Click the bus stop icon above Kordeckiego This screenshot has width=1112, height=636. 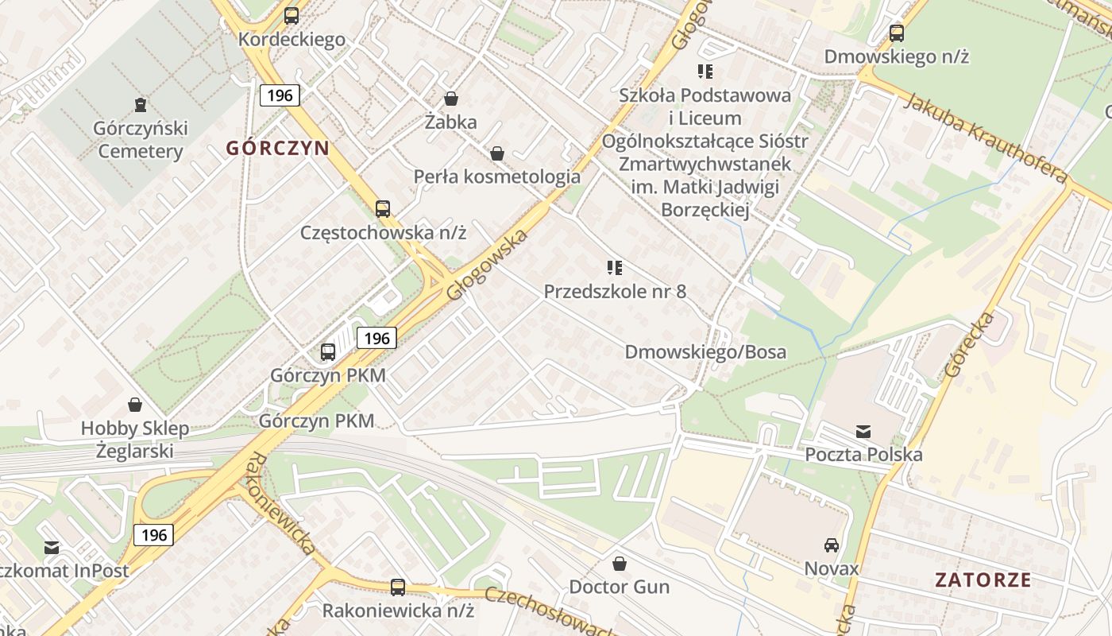(x=292, y=15)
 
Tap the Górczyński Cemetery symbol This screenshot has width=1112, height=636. (x=140, y=104)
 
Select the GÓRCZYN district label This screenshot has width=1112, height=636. (x=277, y=148)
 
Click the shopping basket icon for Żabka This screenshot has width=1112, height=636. (x=451, y=99)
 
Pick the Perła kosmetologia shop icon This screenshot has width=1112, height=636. (x=497, y=153)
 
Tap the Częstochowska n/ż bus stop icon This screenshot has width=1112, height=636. (x=383, y=209)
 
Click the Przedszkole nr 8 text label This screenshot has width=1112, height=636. (x=615, y=291)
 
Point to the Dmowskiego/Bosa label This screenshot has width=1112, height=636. (x=705, y=351)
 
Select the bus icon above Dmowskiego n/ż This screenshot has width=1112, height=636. (x=897, y=33)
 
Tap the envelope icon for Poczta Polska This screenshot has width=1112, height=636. (x=863, y=432)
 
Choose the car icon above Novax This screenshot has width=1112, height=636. (x=832, y=545)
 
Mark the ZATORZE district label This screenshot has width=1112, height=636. (x=983, y=580)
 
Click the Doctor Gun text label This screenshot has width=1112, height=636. (x=619, y=587)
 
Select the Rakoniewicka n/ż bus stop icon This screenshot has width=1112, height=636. (x=398, y=588)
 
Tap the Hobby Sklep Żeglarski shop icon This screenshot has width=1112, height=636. (x=135, y=405)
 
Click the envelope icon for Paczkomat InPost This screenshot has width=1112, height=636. (x=52, y=548)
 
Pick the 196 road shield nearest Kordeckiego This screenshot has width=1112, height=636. (x=280, y=95)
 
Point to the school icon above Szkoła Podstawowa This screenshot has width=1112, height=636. (x=705, y=72)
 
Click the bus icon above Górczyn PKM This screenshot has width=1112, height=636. (x=328, y=351)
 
